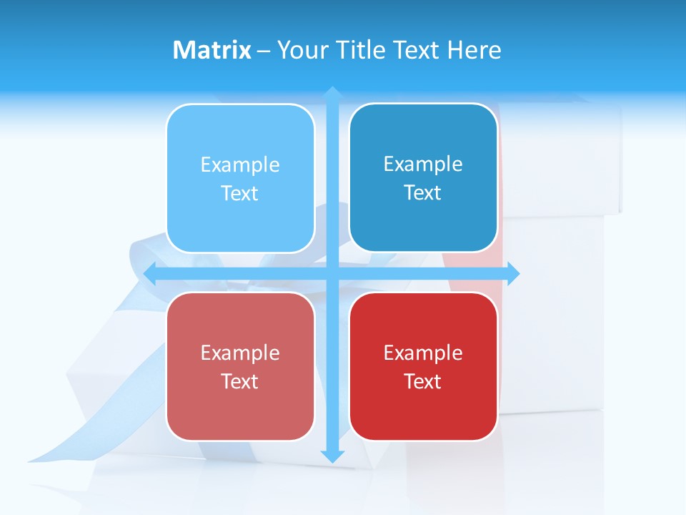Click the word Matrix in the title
(212, 50)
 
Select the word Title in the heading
(361, 50)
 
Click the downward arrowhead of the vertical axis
(332, 456)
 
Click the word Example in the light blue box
(240, 165)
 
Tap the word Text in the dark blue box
(423, 193)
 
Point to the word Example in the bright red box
(423, 353)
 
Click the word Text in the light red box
(240, 381)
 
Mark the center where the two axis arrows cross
(332, 273)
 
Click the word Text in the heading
(416, 50)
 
